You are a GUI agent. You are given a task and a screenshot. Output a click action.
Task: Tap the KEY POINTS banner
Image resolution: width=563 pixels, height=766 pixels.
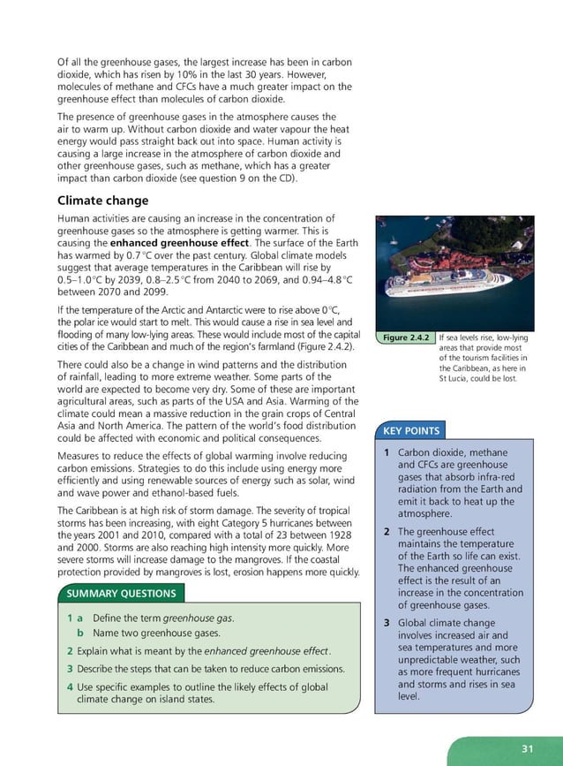click(x=410, y=431)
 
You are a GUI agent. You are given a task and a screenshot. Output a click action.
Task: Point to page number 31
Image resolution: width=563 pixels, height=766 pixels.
click(x=527, y=748)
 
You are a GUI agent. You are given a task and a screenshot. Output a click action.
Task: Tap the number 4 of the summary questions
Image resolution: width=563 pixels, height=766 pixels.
click(x=70, y=686)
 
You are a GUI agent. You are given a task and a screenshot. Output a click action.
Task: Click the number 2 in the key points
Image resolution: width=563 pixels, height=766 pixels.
click(x=387, y=532)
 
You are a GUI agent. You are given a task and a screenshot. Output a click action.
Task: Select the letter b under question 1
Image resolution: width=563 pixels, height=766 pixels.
click(x=80, y=633)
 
